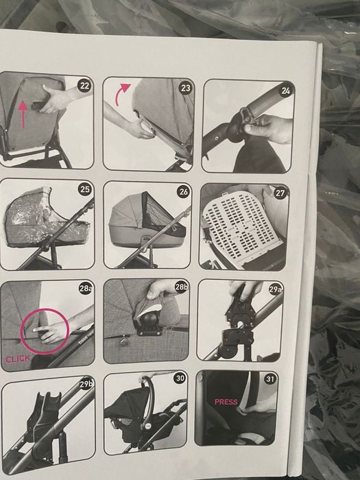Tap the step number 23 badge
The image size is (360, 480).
[x=186, y=88]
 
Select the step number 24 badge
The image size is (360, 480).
[x=285, y=91]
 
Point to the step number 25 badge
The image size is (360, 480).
[x=85, y=189]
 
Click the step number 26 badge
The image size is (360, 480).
[x=183, y=192]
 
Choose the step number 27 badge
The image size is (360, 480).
[x=280, y=193]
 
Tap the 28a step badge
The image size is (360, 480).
[x=86, y=289]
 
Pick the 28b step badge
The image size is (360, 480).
[x=181, y=287]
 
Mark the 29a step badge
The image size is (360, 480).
[x=275, y=290]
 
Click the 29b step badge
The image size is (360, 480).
[x=86, y=385]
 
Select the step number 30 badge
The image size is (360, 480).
[x=180, y=379]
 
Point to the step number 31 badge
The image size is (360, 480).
[x=269, y=379]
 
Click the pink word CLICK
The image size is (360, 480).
[x=18, y=359]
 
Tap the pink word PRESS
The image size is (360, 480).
[x=226, y=402]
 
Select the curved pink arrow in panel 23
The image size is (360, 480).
[x=121, y=95]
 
